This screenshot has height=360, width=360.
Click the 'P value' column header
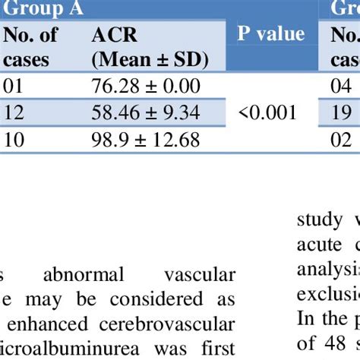[271, 34]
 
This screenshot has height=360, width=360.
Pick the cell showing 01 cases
[14, 86]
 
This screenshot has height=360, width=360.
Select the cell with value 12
[14, 113]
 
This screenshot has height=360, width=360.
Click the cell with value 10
[14, 140]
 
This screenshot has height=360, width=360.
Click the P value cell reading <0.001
[267, 113]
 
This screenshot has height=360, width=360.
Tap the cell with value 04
[341, 86]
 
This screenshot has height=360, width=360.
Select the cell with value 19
[341, 113]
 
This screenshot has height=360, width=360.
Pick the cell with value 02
[341, 140]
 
